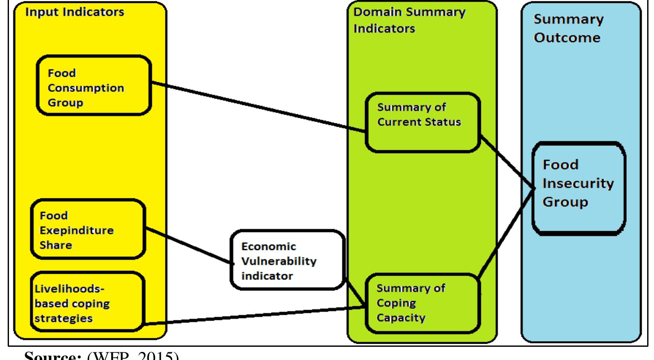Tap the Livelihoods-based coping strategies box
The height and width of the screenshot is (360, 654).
click(x=87, y=302)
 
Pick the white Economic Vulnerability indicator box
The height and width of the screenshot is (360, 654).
click(x=287, y=260)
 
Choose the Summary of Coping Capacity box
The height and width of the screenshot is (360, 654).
click(x=422, y=303)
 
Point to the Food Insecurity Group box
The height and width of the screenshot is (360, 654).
click(x=578, y=188)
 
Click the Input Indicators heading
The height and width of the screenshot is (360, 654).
click(x=75, y=12)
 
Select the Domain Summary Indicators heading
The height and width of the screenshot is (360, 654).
click(x=409, y=20)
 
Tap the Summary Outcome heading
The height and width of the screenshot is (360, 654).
click(x=568, y=28)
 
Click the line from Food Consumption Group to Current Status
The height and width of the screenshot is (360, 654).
click(x=256, y=107)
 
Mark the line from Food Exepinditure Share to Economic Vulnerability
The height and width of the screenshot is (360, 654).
click(x=188, y=246)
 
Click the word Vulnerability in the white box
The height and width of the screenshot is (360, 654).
click(x=279, y=261)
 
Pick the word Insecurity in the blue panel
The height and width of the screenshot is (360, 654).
click(x=578, y=183)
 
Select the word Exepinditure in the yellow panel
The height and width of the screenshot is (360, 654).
click(x=77, y=230)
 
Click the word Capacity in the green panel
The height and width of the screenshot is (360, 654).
click(x=401, y=318)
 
